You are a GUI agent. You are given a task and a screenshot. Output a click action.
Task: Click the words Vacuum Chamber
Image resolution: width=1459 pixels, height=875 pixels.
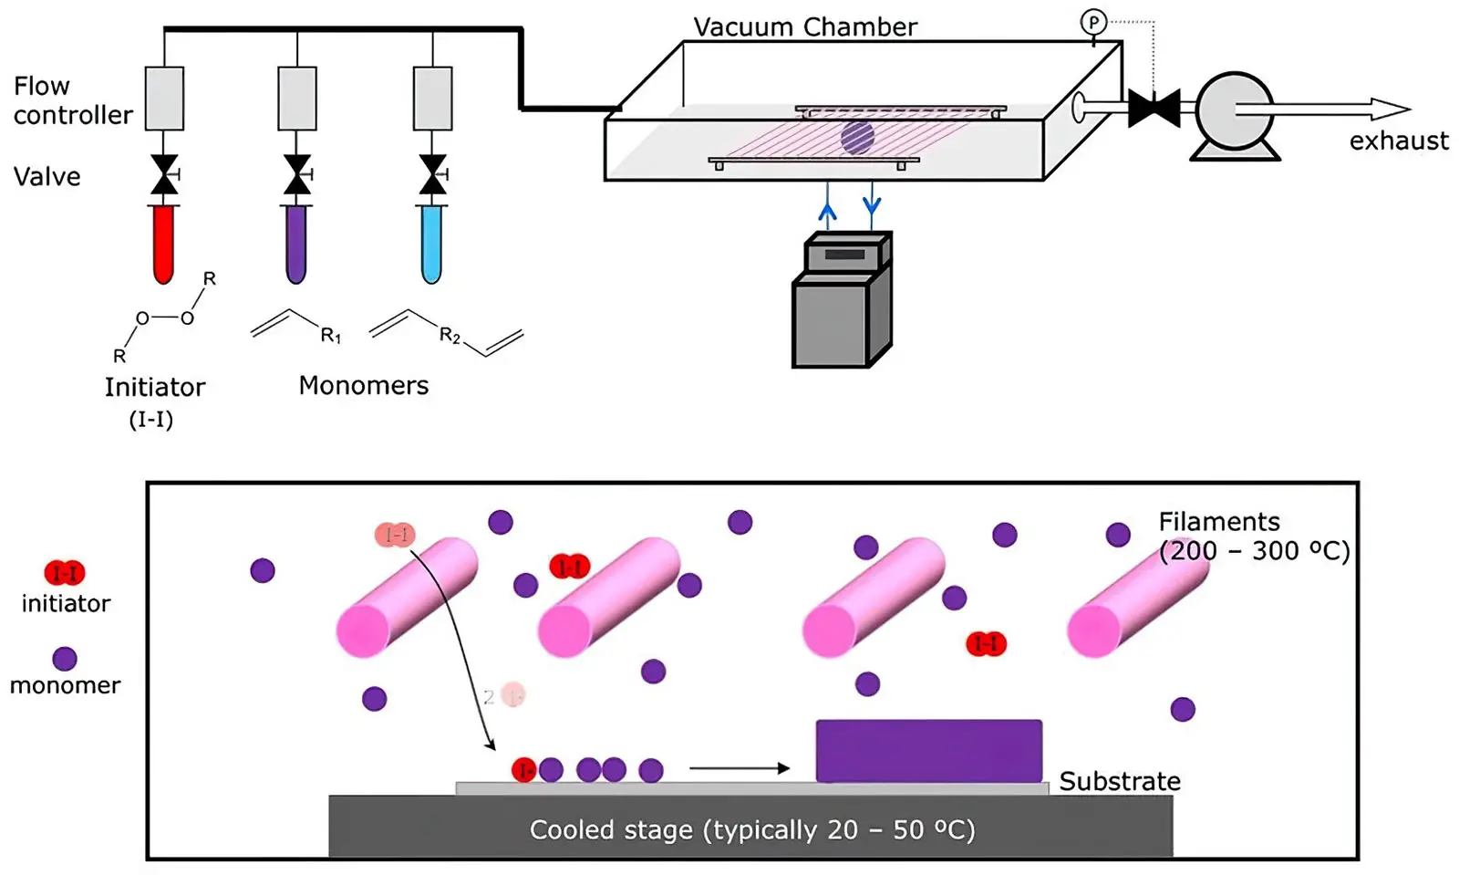805,27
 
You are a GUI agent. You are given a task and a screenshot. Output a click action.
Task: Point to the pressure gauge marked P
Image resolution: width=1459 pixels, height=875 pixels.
1092,22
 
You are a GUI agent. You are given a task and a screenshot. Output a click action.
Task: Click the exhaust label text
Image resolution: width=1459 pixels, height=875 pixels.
1399,141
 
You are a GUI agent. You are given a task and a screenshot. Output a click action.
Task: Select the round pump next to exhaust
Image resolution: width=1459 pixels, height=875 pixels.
1235,112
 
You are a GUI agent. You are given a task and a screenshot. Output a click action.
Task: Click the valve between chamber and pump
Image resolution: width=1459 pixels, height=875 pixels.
1154,109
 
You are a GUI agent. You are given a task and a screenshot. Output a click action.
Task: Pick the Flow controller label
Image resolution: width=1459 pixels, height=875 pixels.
72,100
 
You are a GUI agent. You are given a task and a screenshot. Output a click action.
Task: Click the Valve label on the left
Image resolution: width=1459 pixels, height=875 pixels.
47,177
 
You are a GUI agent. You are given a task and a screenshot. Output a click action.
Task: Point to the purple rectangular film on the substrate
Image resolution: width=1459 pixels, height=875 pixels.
928,751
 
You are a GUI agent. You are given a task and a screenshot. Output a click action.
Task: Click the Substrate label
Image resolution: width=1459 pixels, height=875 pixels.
1119,782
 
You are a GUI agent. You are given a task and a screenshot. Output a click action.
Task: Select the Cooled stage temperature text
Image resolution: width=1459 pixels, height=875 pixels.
752,830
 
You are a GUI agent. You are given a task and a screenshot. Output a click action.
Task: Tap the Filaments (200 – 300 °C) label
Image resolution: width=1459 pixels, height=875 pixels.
1253,536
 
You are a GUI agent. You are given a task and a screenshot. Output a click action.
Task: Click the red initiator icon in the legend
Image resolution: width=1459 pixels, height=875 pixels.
65,573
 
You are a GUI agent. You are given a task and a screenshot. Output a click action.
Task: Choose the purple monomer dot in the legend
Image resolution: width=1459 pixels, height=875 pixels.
65,659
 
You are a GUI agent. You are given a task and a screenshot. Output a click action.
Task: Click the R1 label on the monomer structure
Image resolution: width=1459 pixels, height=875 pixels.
330,337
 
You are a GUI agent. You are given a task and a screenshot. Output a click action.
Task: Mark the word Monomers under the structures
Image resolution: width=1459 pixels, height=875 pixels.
363,386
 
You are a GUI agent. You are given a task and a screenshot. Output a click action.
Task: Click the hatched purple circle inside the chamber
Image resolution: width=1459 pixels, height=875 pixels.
857,137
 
